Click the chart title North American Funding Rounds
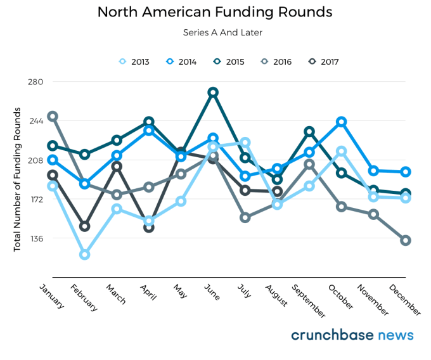coord(215,12)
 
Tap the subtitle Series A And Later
coord(215,32)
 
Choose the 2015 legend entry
coord(229,61)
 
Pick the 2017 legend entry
coord(323,61)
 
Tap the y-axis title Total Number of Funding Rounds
coord(17,179)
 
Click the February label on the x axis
coord(85,298)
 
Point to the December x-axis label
coord(405,299)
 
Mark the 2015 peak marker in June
coord(213,93)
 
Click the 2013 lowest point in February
coord(84,255)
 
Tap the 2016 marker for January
coord(53,117)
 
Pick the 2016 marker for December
coord(406,240)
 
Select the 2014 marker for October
coord(342,122)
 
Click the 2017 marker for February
coord(84,226)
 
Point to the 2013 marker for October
coord(342,151)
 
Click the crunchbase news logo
coord(352,335)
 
